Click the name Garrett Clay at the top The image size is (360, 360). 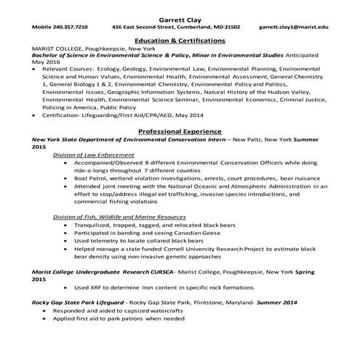pyautogui.click(x=180, y=16)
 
